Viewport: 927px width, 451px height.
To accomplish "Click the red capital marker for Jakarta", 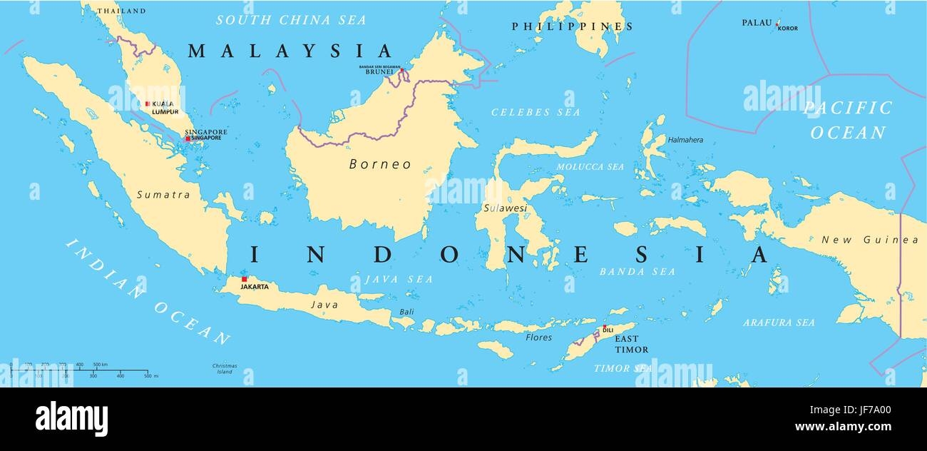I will [x=244, y=279].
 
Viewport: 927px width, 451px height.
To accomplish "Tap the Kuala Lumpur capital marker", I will [x=148, y=103].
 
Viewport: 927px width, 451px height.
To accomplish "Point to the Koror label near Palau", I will [x=788, y=29].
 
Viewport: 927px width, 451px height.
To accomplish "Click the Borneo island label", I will [x=380, y=164].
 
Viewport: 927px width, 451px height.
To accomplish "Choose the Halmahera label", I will [x=685, y=140].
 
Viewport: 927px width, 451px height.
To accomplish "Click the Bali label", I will [x=406, y=312].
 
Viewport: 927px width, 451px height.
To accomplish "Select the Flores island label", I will [x=538, y=338].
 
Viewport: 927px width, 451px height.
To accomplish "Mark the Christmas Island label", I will [x=225, y=368].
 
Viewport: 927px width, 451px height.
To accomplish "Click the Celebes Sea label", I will [x=536, y=112].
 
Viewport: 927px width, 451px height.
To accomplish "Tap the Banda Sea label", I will [x=637, y=272].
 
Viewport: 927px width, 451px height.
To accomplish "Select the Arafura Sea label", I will [x=779, y=323].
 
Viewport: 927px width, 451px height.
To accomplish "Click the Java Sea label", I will [x=399, y=279].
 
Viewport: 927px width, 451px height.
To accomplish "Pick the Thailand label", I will [x=121, y=11].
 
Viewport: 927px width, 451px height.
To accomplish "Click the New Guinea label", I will [x=870, y=240].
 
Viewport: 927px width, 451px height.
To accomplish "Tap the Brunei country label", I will [x=379, y=72].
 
